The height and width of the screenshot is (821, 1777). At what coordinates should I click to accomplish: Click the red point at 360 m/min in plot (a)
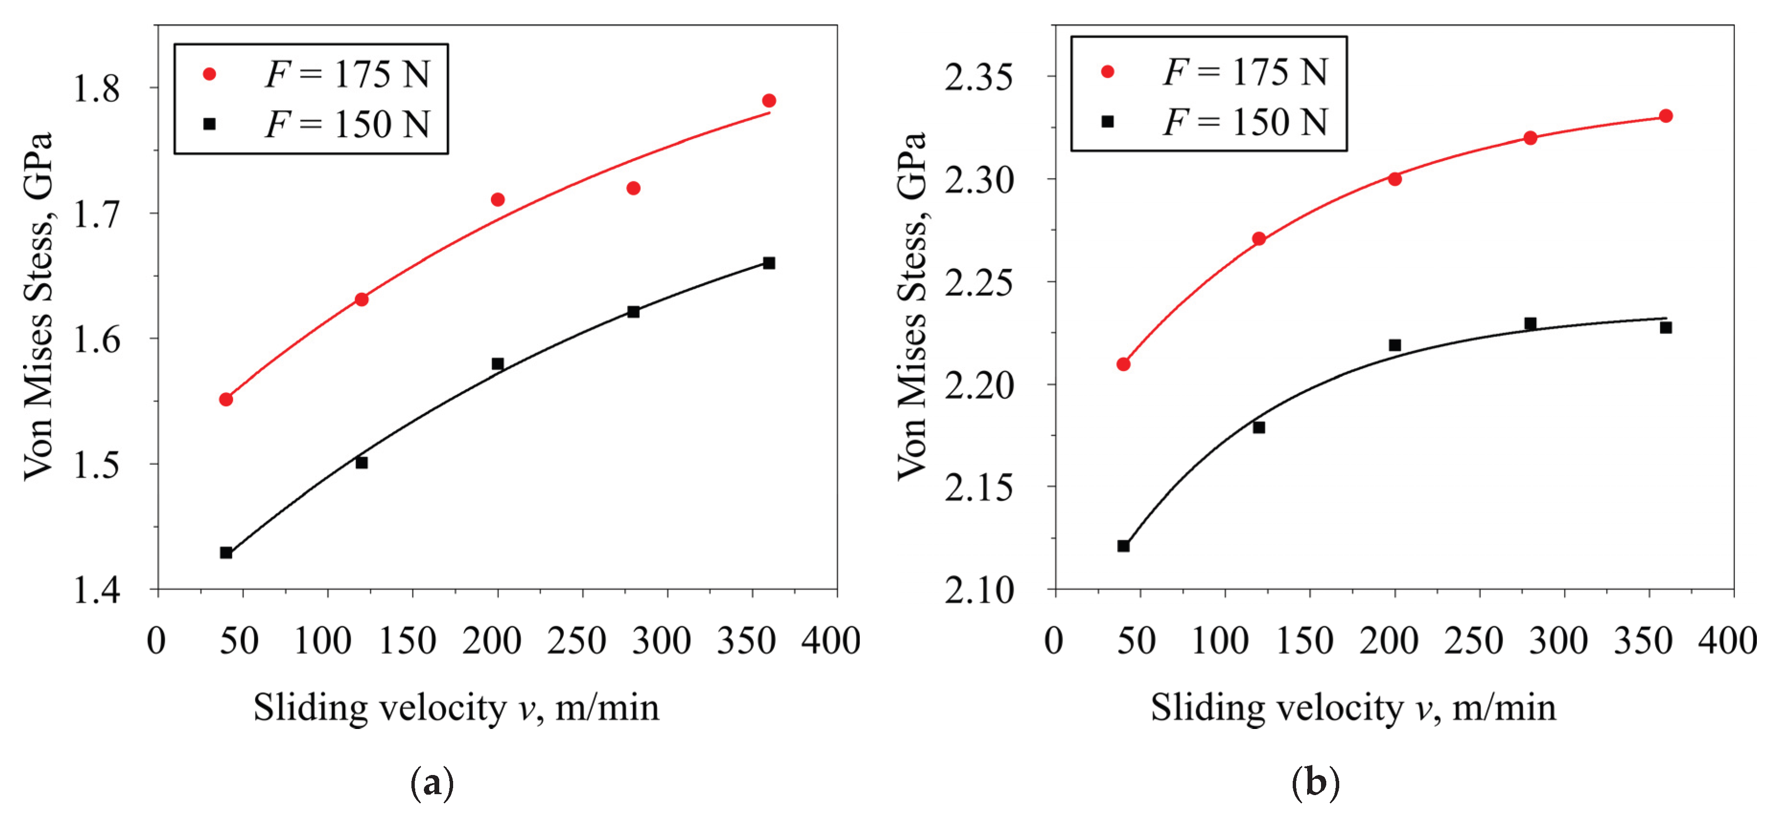769,101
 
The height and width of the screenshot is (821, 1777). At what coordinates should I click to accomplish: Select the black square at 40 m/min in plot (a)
225,552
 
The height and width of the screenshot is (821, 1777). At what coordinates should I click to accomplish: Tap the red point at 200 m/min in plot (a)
497,199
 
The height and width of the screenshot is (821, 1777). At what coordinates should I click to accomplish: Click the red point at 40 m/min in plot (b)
1123,364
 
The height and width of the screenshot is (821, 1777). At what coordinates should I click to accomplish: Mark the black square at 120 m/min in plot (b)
1258,428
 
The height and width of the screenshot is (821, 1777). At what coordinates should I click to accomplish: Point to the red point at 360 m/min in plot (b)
1665,116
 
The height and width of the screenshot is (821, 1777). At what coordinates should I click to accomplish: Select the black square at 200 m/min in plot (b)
1394,345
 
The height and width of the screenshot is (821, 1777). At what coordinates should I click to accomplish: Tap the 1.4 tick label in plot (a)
96,591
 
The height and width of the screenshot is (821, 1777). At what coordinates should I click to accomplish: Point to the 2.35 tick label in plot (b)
979,77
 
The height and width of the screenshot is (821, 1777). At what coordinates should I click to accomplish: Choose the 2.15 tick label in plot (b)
979,488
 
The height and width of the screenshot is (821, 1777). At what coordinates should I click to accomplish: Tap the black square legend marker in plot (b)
1107,121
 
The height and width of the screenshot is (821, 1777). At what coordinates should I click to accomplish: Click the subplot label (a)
432,783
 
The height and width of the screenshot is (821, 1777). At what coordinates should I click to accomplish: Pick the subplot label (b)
1315,783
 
